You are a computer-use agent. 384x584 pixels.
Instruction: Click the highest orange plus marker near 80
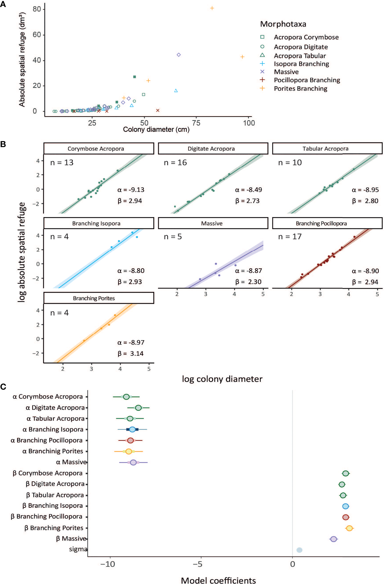point(212,8)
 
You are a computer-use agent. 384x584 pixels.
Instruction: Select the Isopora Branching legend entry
point(301,64)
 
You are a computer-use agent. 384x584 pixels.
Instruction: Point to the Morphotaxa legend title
point(283,24)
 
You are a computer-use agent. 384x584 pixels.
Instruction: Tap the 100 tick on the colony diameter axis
point(249,123)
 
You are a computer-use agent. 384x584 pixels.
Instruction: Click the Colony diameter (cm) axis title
point(156,129)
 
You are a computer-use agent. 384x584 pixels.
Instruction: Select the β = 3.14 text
point(130,353)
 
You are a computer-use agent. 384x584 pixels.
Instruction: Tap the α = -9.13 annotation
point(131,190)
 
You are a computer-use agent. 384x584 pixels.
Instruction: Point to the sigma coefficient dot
point(299,550)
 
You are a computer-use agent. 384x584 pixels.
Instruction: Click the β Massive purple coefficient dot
point(333,539)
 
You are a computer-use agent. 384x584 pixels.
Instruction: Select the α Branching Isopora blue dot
point(132,430)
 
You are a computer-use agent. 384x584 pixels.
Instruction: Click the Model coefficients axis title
point(218,580)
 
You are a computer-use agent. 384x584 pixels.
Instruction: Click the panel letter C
point(3,387)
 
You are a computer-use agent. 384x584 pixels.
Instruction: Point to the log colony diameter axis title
point(222,379)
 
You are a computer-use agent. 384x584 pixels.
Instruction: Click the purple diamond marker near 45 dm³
point(179,55)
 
